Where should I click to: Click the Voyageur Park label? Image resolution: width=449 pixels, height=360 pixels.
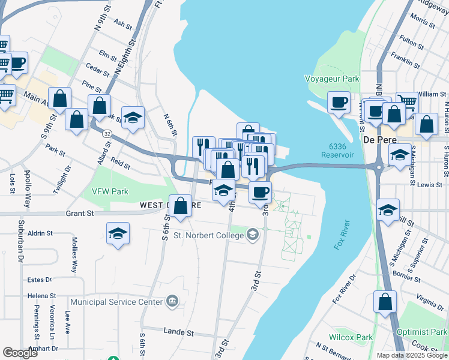click(332, 79)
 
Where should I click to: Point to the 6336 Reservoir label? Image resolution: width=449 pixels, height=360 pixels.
click(342, 151)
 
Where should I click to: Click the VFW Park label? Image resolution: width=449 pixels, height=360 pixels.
click(111, 192)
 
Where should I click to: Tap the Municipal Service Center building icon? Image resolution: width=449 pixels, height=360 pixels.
click(173, 301)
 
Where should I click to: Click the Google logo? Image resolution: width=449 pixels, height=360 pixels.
click(20, 353)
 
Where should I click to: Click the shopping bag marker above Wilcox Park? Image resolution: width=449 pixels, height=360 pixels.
click(385, 302)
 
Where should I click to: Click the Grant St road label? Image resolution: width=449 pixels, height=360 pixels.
click(80, 213)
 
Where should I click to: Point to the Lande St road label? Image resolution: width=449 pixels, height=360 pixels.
click(178, 331)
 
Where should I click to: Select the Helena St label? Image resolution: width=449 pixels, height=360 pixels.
click(41, 296)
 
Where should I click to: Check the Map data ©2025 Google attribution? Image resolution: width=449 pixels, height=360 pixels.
click(411, 355)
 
